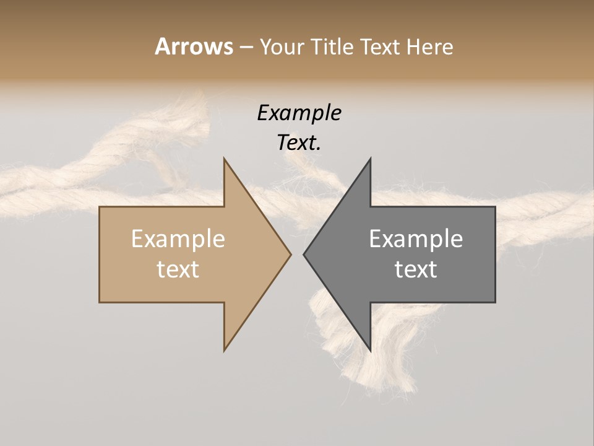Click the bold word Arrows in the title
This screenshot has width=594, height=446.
click(x=194, y=46)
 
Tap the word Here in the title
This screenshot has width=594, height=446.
click(x=430, y=46)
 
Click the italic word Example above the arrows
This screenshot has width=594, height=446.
click(x=299, y=113)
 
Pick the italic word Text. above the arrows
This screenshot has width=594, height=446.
click(x=299, y=142)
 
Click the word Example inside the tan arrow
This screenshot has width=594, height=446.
click(x=178, y=238)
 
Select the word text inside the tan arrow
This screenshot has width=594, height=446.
click(x=178, y=269)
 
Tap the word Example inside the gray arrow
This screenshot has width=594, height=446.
click(x=416, y=238)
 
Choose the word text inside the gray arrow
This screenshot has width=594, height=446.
click(x=416, y=269)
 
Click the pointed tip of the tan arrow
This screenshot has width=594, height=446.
click(x=290, y=254)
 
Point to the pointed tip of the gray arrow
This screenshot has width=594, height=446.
click(x=304, y=254)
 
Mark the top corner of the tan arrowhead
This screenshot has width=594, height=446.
click(x=225, y=159)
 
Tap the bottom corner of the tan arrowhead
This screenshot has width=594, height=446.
click(x=225, y=350)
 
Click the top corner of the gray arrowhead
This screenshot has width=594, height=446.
click(x=370, y=159)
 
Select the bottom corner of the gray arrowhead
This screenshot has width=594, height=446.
click(x=370, y=350)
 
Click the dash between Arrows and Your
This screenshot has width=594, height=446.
click(x=246, y=47)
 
